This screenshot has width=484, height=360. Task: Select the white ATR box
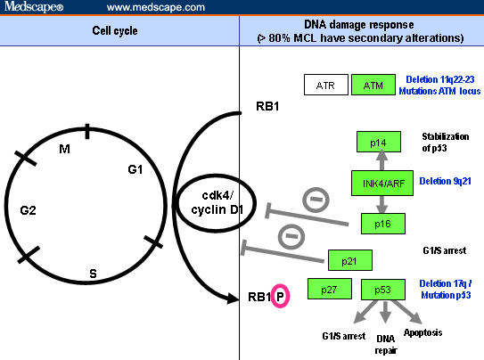[324, 85]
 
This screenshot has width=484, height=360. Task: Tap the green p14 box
[378, 143]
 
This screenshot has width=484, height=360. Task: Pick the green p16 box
[382, 223]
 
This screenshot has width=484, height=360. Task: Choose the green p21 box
[349, 260]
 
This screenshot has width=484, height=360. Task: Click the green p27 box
[328, 290]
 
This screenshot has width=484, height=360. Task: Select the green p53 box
[382, 290]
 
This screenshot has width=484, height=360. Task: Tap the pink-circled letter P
[280, 296]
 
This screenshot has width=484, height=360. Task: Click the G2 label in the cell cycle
[29, 211]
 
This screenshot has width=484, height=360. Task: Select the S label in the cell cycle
[93, 272]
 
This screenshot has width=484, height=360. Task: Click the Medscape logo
[31, 7]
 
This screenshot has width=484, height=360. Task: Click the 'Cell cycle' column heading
[119, 31]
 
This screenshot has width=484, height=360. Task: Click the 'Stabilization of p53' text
[445, 142]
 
